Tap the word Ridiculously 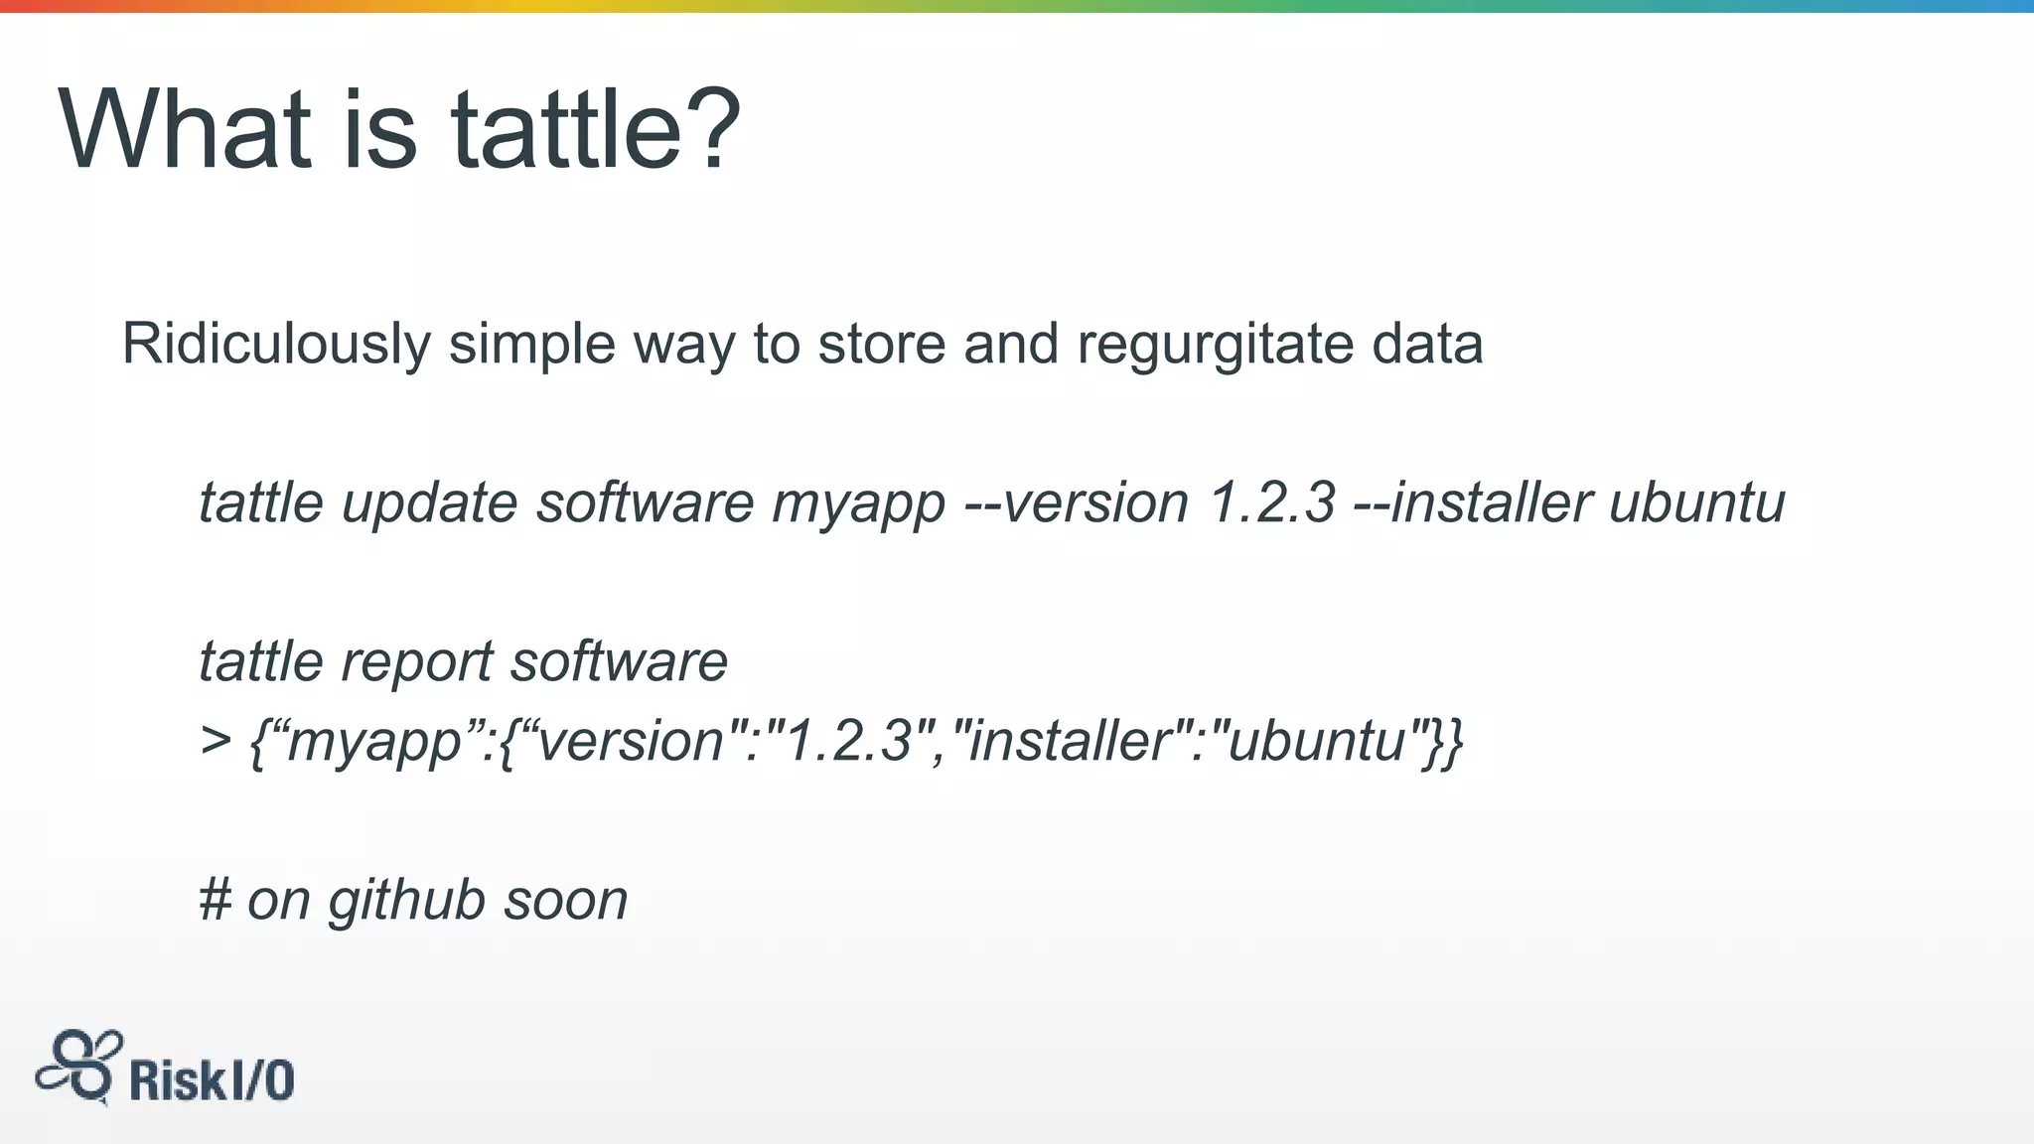(276, 346)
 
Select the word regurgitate (1215, 346)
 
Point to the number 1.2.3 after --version (1271, 502)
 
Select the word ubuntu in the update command (1696, 502)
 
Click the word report (416, 662)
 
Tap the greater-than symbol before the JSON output (216, 741)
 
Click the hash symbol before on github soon (215, 901)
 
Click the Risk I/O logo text (212, 1080)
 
